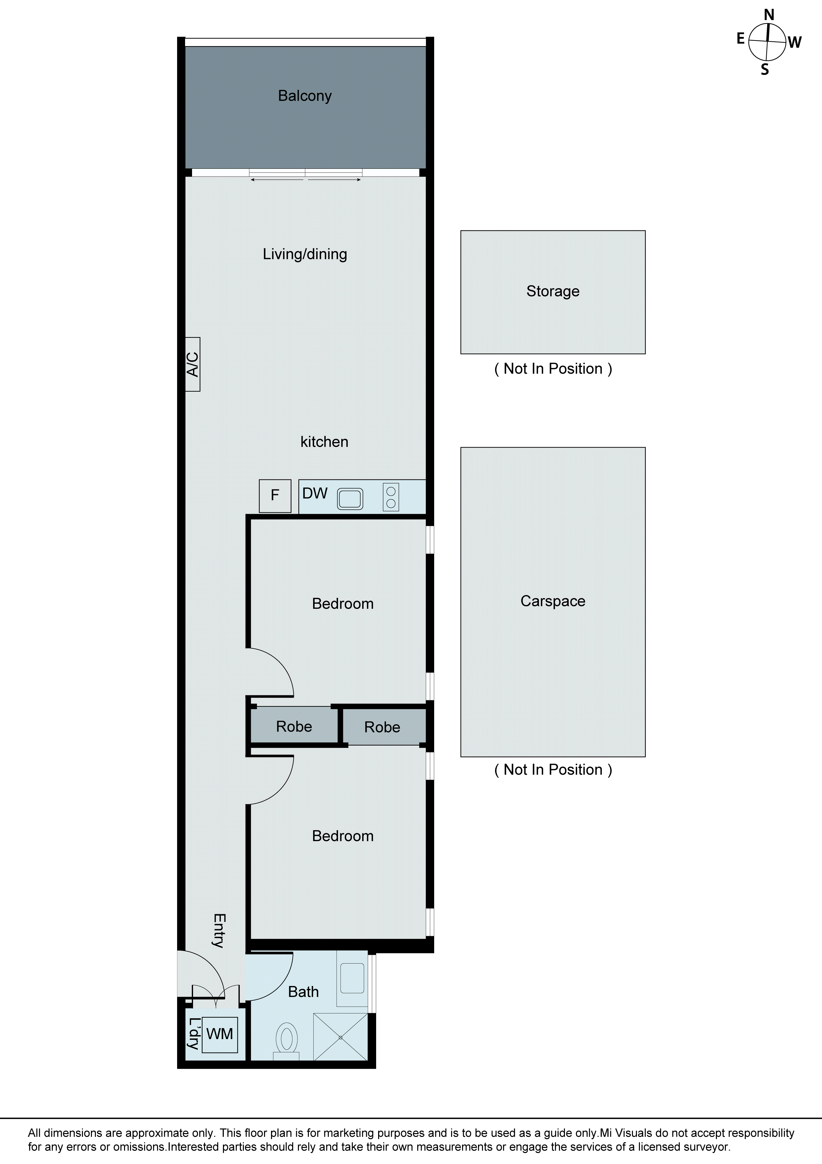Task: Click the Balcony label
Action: pyautogui.click(x=305, y=96)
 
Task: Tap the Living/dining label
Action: pyautogui.click(x=305, y=254)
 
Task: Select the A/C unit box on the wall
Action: pyautogui.click(x=193, y=364)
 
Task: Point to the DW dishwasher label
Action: pyautogui.click(x=315, y=493)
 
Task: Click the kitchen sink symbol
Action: pyautogui.click(x=350, y=498)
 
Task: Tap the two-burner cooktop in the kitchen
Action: pyautogui.click(x=391, y=497)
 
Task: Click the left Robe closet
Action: pyautogui.click(x=294, y=727)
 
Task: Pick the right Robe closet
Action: pyautogui.click(x=382, y=727)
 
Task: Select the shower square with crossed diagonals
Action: pyautogui.click(x=341, y=1037)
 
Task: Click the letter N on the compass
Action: pyautogui.click(x=769, y=15)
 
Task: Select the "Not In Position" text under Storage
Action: pyautogui.click(x=553, y=369)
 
